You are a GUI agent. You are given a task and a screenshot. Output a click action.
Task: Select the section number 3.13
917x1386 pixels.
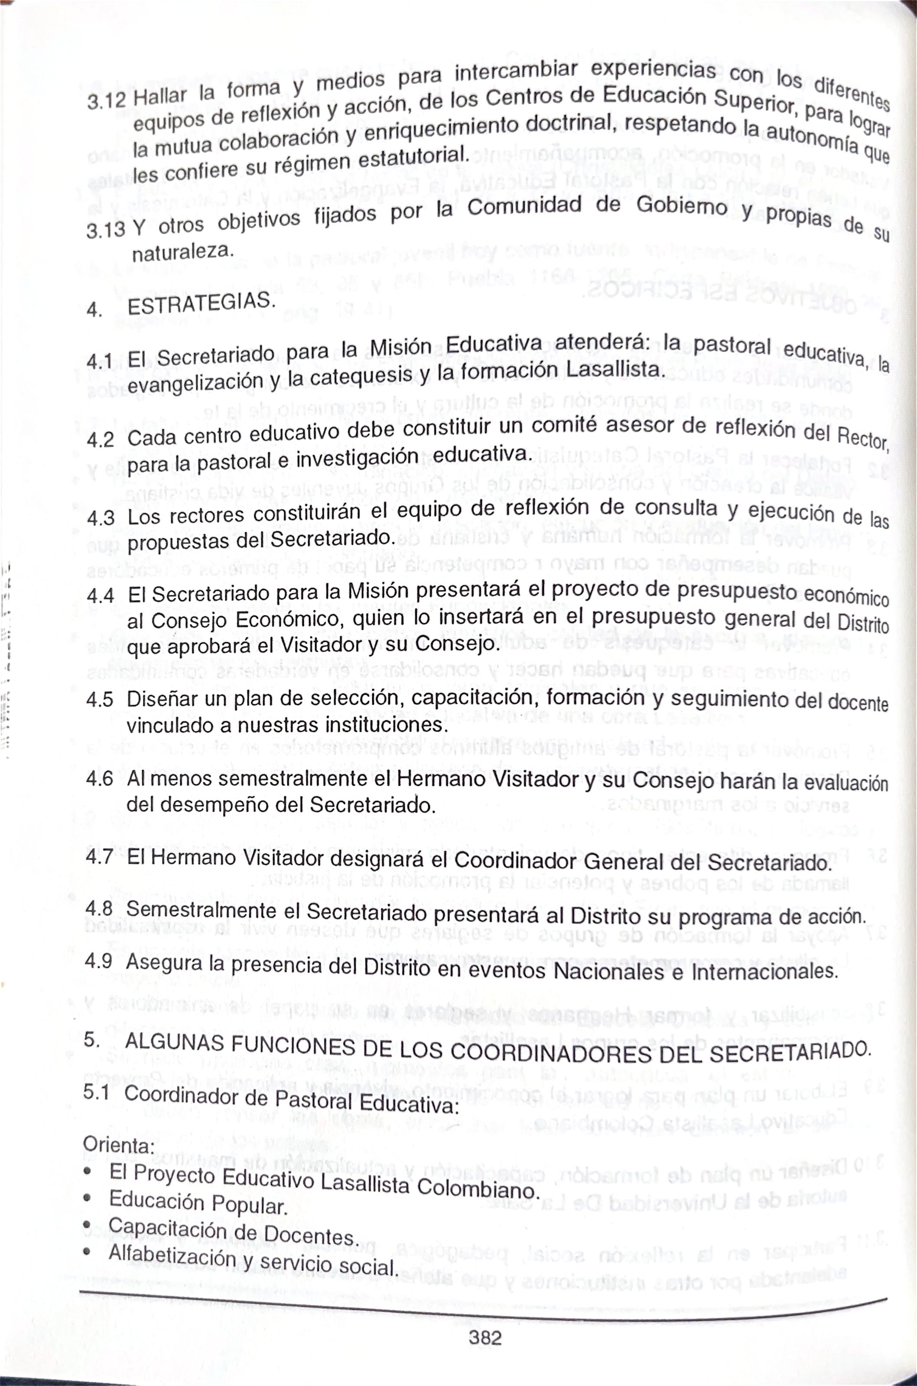click(x=105, y=230)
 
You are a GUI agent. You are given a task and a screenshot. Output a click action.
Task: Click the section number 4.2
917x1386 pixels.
click(x=100, y=439)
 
